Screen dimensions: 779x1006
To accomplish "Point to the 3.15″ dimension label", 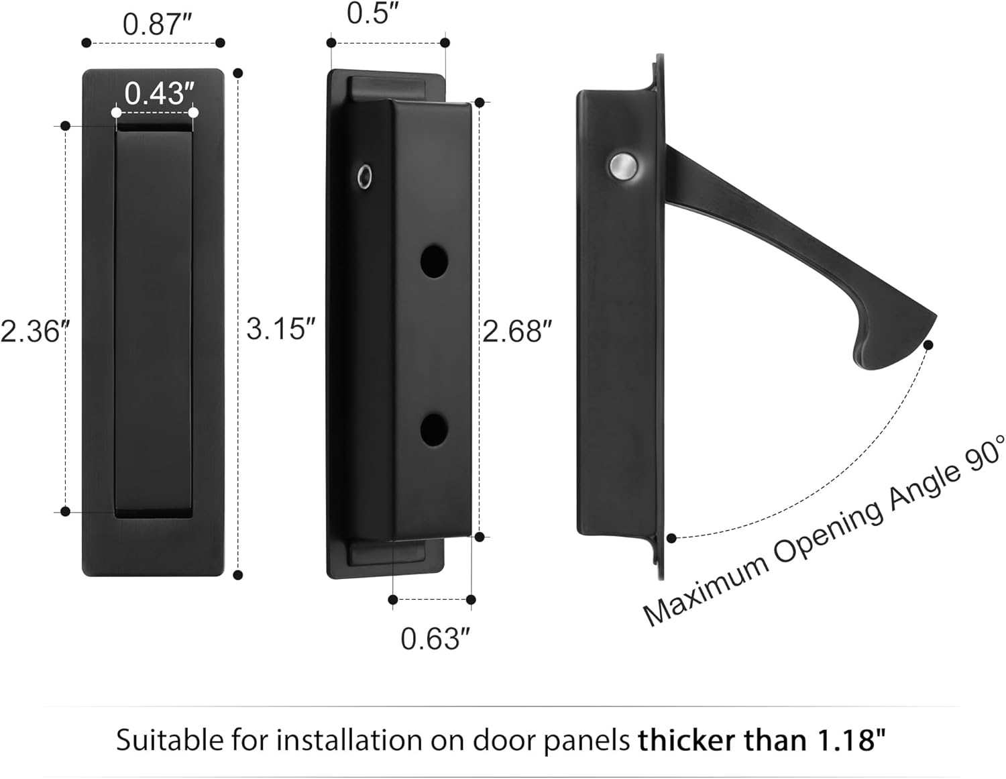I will pyautogui.click(x=280, y=329).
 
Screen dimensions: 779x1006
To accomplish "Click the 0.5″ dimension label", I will pyautogui.click(x=373, y=14).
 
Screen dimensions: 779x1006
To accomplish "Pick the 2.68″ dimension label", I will pyautogui.click(x=517, y=331).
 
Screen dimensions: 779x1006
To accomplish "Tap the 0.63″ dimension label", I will pyautogui.click(x=435, y=638).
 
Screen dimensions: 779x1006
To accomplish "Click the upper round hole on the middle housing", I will pyautogui.click(x=434, y=261).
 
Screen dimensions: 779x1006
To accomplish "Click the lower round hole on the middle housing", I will pyautogui.click(x=434, y=430).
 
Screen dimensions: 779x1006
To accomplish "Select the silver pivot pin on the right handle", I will pyautogui.click(x=622, y=166).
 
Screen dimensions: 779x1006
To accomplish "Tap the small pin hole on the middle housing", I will pyautogui.click(x=364, y=176).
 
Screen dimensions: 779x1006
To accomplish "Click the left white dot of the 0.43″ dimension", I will pyautogui.click(x=117, y=112).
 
